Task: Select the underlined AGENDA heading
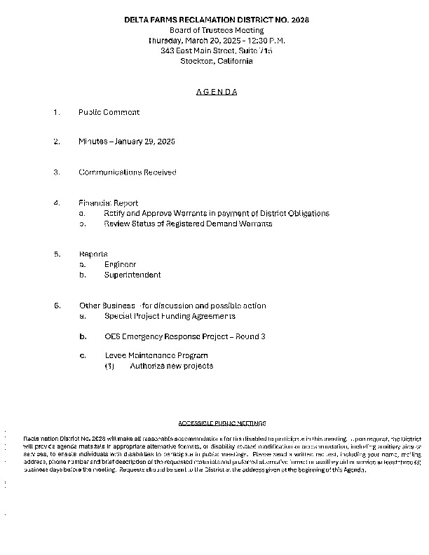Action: tap(215, 92)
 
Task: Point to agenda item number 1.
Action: tap(56, 112)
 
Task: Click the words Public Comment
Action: tap(109, 112)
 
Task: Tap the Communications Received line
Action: tap(127, 172)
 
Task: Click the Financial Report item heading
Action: tap(108, 203)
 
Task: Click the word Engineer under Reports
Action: tap(120, 264)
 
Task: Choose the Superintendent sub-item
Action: tap(132, 275)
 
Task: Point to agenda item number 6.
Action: tap(56, 306)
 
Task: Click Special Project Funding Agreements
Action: tap(170, 316)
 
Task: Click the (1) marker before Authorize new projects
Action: tap(109, 366)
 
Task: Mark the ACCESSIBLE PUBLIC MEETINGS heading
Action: tap(222, 423)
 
